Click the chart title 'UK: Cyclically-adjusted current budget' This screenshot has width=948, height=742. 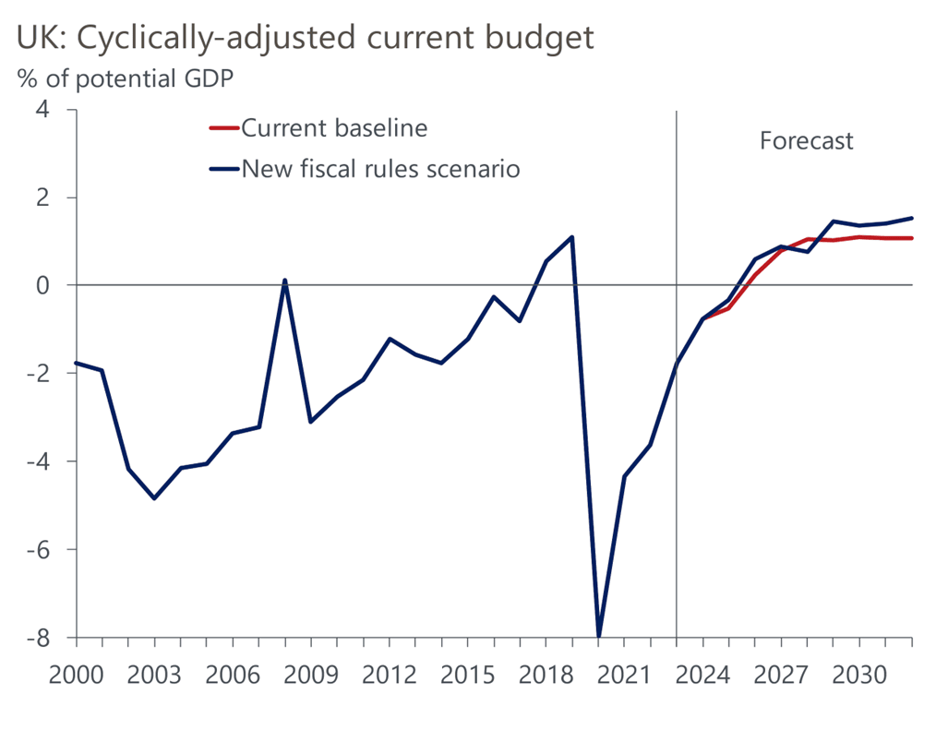pos(305,38)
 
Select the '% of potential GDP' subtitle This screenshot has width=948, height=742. pos(125,78)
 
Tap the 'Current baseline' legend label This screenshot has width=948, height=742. pos(334,128)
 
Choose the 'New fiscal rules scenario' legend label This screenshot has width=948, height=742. pos(380,169)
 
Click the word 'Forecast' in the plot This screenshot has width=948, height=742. pos(806,141)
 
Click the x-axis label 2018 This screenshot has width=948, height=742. pos(546,674)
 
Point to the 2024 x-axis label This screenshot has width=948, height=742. pos(702,674)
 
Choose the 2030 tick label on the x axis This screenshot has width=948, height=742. pos(859,674)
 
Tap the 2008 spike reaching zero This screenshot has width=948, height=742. pos(284,281)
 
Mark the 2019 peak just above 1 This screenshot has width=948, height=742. pos(572,237)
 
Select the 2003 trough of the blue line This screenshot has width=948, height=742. pos(154,498)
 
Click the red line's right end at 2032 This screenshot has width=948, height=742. pos(912,238)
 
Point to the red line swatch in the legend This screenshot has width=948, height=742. pos(224,128)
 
